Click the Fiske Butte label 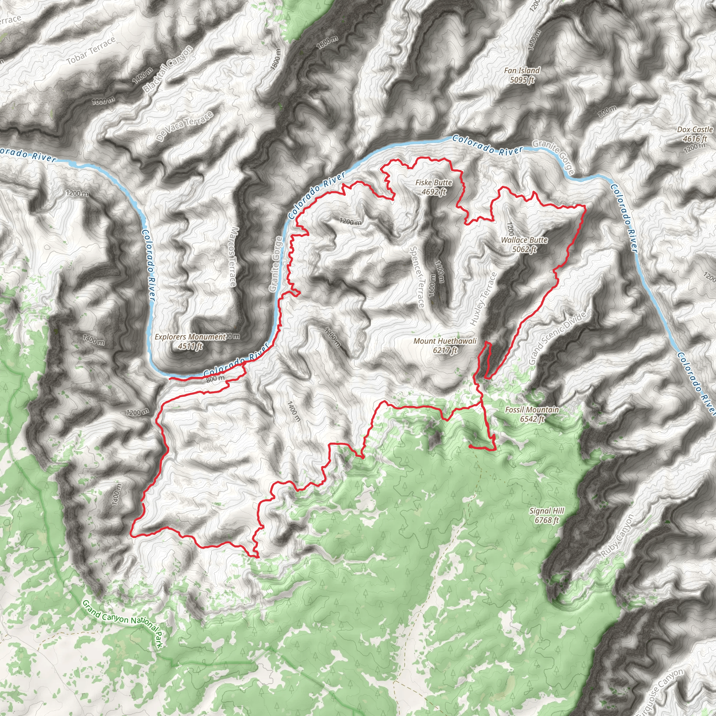click(433, 182)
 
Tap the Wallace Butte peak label click(524, 240)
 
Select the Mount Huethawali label click(445, 341)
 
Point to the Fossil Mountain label click(532, 409)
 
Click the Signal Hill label click(547, 511)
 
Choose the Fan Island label click(522, 70)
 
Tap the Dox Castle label click(695, 129)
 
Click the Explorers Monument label click(190, 337)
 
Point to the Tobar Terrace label click(91, 51)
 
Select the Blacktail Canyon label click(168, 69)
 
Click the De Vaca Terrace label click(185, 126)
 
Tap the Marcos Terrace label click(232, 257)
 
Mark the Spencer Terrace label click(416, 277)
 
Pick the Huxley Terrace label click(483, 299)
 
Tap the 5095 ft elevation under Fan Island click(522, 80)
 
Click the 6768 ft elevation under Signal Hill click(547, 520)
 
